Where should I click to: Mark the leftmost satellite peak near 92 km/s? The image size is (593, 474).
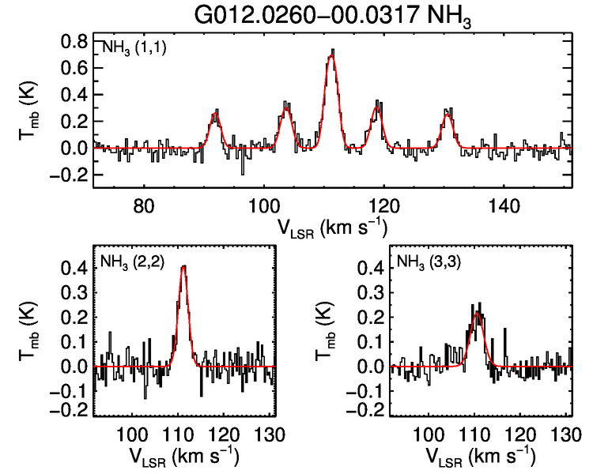pos(215,115)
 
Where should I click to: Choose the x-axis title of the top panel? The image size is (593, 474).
pos(331,227)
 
